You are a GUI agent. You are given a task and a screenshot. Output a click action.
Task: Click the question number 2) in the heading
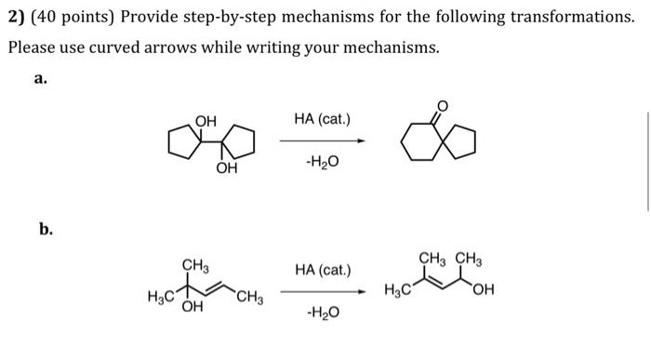17,18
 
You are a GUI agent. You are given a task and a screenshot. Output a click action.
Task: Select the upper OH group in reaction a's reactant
206,121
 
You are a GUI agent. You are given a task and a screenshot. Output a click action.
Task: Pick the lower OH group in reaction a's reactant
226,168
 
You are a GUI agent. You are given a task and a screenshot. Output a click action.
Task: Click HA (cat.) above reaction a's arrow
322,119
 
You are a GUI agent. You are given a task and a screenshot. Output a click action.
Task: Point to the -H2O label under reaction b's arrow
322,313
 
